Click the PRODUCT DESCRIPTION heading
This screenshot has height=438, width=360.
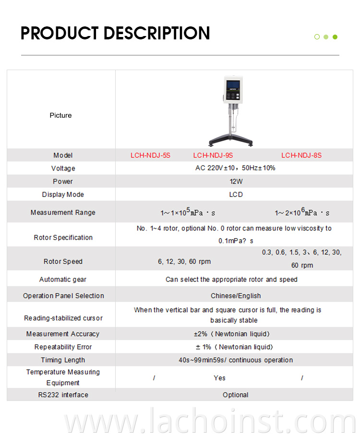(115, 33)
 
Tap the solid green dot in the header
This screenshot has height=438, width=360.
(335, 37)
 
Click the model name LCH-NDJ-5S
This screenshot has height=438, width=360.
(150, 155)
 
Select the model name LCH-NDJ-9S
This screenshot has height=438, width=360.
(213, 155)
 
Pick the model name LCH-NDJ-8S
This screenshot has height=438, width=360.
(301, 155)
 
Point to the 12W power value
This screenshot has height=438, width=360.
(235, 182)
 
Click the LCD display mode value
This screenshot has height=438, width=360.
(236, 195)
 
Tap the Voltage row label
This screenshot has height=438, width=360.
(63, 169)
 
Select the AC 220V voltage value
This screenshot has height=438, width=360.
(235, 169)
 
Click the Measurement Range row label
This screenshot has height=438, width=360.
(63, 212)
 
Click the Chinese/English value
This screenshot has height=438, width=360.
(236, 296)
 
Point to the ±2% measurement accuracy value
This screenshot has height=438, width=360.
(235, 334)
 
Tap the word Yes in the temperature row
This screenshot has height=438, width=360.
(219, 378)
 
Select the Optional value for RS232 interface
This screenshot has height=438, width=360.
(235, 395)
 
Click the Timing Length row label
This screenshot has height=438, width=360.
(63, 360)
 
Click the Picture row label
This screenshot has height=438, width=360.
(60, 115)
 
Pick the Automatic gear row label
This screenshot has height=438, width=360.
(63, 280)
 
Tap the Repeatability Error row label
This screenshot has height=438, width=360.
(63, 347)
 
